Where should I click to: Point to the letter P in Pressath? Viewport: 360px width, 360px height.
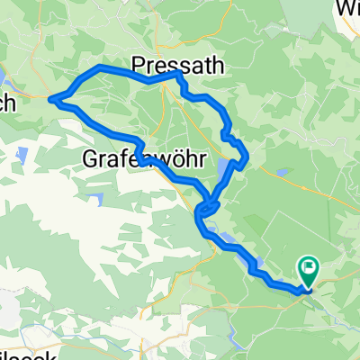[x=138, y=64]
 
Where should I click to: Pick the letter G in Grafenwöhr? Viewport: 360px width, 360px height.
[x=90, y=158]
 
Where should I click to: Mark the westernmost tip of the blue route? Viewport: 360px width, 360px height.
[x=50, y=98]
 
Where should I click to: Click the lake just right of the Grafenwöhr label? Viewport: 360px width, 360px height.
[x=222, y=166]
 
